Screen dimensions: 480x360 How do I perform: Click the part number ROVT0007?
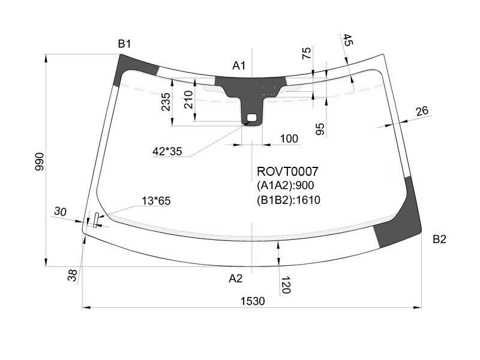[x=287, y=172]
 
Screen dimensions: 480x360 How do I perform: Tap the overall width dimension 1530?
[x=253, y=301]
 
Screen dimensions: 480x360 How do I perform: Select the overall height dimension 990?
[x=40, y=161]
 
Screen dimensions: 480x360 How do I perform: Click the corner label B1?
[x=124, y=44]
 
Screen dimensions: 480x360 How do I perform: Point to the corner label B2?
[x=439, y=239]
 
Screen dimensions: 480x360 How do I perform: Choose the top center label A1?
[x=239, y=65]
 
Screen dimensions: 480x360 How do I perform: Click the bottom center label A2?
[x=235, y=278]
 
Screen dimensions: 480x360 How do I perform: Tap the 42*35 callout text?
[x=167, y=151]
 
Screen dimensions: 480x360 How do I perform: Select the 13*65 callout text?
[x=156, y=201]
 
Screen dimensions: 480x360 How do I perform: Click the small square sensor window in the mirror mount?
[x=251, y=117]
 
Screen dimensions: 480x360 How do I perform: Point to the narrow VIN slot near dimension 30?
[x=96, y=220]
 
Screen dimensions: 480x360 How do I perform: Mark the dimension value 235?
[x=166, y=102]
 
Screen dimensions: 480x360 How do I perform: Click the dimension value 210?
[x=188, y=100]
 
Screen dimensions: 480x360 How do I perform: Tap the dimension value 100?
[x=289, y=139]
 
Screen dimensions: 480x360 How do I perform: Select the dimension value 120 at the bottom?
[x=286, y=284]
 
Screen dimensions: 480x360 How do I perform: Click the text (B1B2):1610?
[x=289, y=200]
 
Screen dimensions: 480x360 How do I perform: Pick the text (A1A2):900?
[x=286, y=185]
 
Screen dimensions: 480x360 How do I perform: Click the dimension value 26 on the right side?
[x=422, y=111]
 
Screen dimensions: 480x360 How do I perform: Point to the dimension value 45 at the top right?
[x=347, y=40]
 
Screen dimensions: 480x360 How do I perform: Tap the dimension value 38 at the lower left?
[x=72, y=275]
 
